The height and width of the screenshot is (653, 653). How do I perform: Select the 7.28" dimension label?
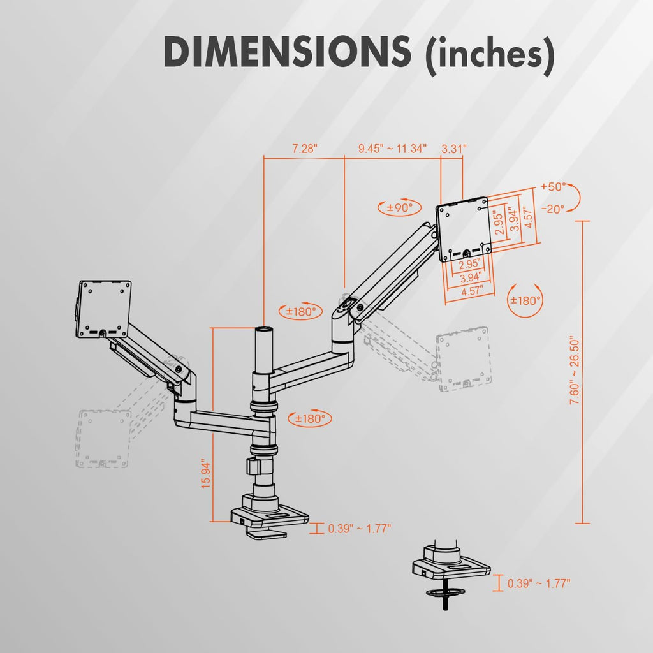point(304,149)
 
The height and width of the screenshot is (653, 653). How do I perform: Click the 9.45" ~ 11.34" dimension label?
point(392,149)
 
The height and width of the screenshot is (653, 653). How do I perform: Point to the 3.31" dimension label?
point(454,149)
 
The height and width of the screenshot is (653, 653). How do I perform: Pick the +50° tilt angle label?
point(553,187)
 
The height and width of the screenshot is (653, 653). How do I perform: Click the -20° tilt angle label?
point(553,209)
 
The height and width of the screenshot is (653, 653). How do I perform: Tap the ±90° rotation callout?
point(399,207)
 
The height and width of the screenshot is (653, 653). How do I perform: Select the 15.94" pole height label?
point(206,474)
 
